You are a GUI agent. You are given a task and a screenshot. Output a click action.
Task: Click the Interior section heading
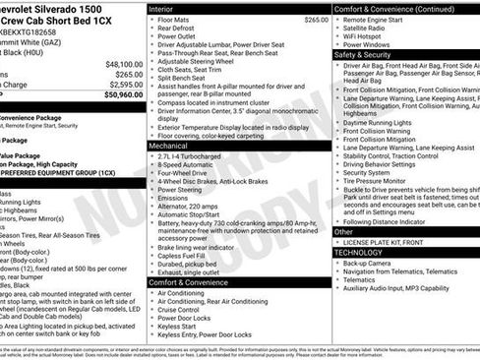[161, 8]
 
